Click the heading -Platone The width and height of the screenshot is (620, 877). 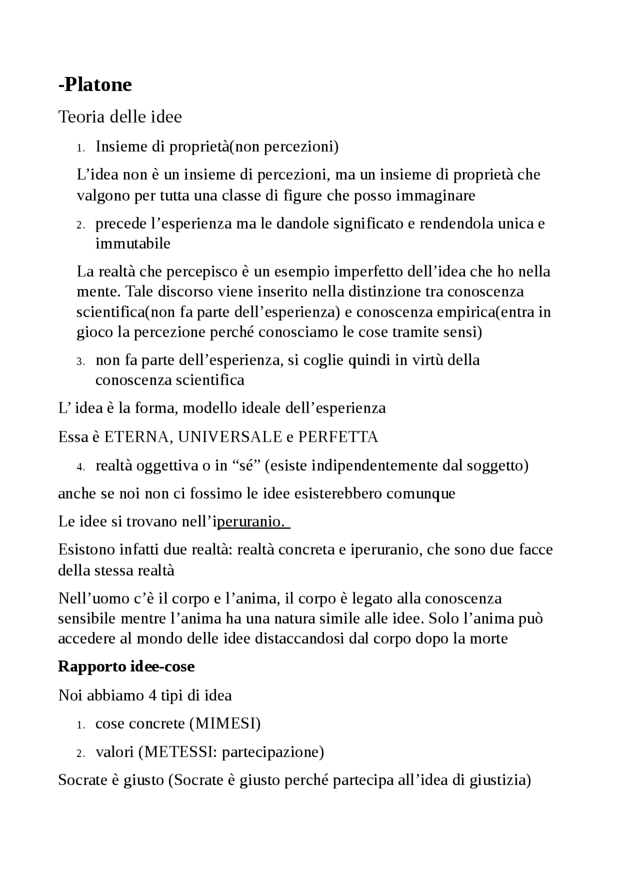click(95, 85)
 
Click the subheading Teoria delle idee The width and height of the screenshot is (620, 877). click(120, 117)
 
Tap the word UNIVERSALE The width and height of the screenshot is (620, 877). click(230, 437)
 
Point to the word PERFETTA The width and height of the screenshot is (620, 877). click(338, 437)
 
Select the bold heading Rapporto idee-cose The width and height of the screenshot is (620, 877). click(126, 666)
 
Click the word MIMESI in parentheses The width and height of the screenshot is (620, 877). click(225, 723)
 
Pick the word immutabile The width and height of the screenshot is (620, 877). click(133, 243)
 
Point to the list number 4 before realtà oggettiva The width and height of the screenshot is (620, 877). click(81, 467)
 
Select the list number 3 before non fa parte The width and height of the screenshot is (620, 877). click(81, 362)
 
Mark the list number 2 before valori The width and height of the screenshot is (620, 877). click(81, 754)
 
